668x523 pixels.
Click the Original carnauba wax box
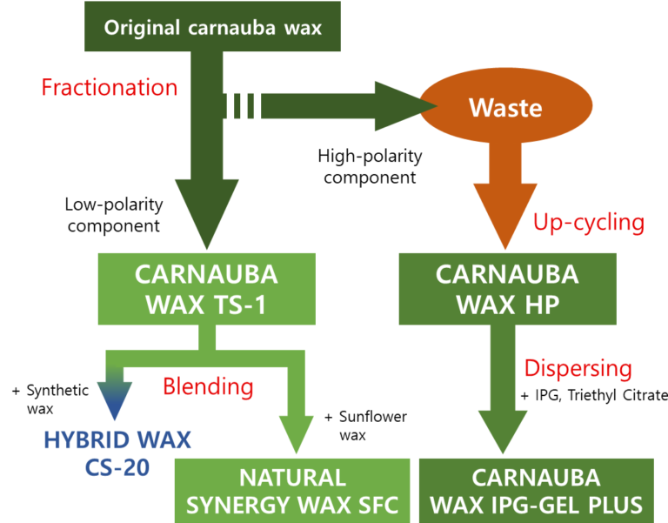point(213,26)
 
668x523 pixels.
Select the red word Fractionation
point(110,87)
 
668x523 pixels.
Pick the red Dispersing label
point(578,368)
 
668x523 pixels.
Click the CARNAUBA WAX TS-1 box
point(206,289)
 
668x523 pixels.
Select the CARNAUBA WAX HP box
point(507,289)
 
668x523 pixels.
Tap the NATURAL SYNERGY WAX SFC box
point(292,491)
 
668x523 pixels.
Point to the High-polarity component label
point(370,166)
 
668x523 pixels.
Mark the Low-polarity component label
point(112,215)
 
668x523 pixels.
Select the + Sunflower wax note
point(364,426)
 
